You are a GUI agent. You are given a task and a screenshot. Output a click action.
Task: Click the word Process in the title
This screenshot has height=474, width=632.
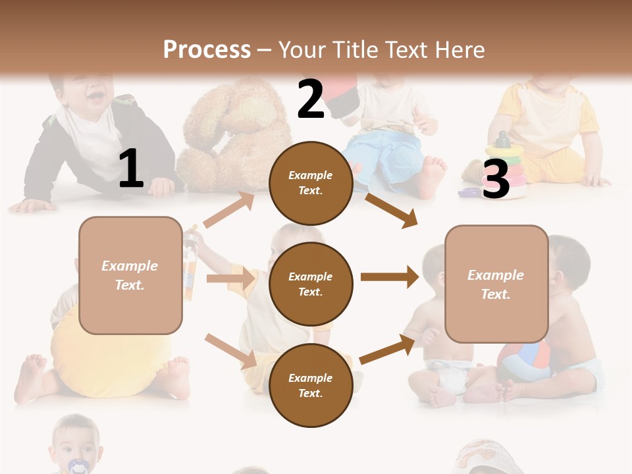(x=207, y=50)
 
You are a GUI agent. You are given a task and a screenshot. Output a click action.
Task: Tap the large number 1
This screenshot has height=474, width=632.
(x=131, y=169)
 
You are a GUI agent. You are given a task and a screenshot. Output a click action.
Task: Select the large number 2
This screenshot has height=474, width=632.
(x=311, y=100)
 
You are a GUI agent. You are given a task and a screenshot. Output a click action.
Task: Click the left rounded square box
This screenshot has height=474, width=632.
(x=130, y=275)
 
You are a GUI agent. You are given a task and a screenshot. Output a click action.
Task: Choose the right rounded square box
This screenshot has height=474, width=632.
(x=496, y=284)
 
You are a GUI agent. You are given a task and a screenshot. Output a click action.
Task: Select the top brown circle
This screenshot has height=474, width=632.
(x=311, y=183)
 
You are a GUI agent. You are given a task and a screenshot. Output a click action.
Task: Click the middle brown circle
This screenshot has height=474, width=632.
(x=311, y=284)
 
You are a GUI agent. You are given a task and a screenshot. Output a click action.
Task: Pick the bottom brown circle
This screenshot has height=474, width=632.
(x=311, y=385)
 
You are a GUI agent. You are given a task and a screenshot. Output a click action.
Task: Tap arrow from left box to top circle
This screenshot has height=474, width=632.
(x=229, y=210)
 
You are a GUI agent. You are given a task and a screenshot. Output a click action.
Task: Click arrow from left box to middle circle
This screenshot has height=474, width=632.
(x=230, y=279)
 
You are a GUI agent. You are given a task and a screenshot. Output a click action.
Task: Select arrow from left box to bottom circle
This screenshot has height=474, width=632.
(x=230, y=351)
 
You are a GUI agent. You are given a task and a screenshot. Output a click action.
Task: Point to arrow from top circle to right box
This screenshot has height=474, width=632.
(x=392, y=210)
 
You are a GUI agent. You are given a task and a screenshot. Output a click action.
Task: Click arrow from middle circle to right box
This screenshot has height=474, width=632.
(x=390, y=277)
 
